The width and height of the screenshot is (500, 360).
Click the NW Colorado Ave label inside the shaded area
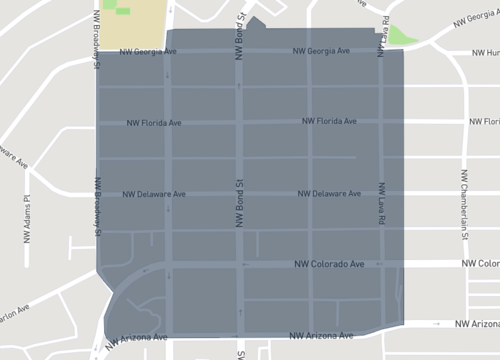329,264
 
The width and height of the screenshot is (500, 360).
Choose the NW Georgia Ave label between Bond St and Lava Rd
321,51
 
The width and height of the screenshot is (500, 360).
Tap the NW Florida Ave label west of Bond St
154,124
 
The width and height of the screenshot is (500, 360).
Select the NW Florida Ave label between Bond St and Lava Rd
329,122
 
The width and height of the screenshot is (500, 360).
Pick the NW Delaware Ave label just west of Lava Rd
328,193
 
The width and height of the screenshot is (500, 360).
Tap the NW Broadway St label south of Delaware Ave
98,205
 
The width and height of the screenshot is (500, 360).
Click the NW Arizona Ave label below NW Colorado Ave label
321,336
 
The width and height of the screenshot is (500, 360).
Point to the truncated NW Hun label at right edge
485,53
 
